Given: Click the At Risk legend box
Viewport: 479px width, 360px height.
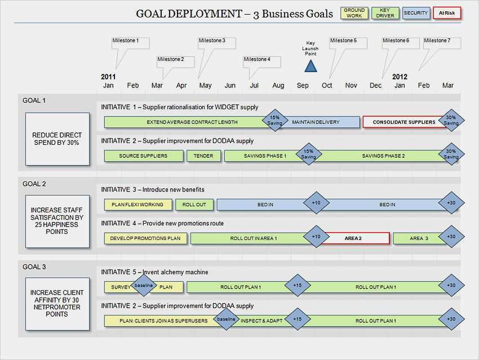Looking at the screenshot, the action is pos(447,13).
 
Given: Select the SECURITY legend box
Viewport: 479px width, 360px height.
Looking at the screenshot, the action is pos(416,13).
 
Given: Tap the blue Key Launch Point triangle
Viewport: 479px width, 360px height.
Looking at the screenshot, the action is pos(311,66).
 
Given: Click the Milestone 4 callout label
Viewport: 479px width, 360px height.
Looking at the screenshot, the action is pos(256,59).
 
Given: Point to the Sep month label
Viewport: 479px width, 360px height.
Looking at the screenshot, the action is pos(303,86).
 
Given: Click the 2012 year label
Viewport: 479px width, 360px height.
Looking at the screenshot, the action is pos(400,77).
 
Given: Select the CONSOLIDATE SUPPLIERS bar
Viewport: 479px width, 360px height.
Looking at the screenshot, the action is pos(404,122).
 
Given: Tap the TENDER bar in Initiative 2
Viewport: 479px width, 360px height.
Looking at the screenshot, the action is pos(203,155).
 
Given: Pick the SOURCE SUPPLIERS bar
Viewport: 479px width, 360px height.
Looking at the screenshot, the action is pos(144,155).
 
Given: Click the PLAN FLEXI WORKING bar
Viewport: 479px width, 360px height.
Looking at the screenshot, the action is pos(138,205).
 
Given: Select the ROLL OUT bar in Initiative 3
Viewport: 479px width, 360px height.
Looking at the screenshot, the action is pos(194,205).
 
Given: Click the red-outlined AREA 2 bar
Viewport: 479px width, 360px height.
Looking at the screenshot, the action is pos(354,238).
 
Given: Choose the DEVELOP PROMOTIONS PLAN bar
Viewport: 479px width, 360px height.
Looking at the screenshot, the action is pos(145,238).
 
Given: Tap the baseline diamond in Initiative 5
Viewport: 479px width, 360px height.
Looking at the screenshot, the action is pos(144,286).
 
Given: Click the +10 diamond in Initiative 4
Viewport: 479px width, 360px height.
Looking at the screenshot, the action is pos(316,237).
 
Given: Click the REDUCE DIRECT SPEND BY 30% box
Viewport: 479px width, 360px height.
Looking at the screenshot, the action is pos(57,139).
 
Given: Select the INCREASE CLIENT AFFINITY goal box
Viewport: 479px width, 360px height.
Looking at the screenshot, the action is pos(57,304).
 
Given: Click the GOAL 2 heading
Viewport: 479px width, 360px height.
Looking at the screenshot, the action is pos(34,184).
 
